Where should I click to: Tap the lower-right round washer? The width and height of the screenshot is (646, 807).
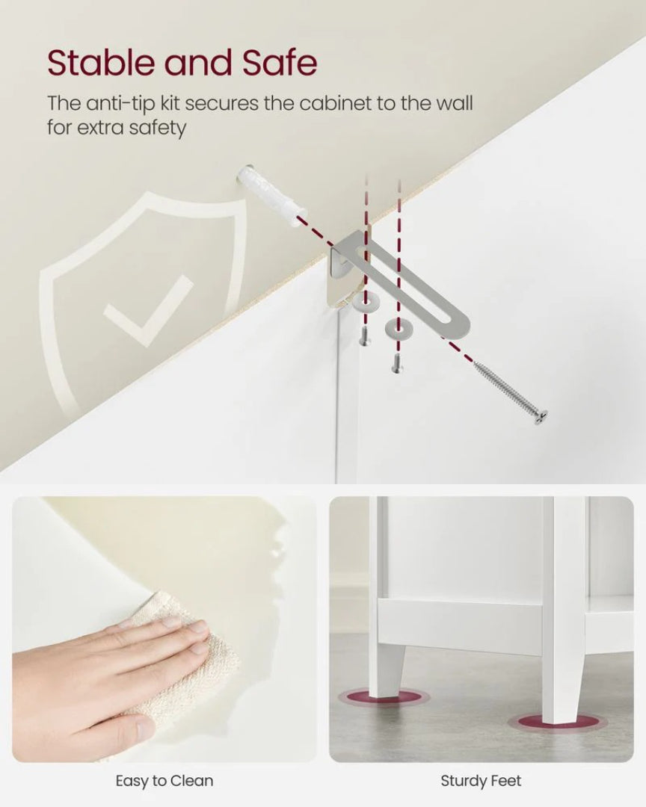(x=397, y=327)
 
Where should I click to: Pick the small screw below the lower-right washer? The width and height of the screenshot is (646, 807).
(x=397, y=363)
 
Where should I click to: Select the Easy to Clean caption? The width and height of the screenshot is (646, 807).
(x=164, y=781)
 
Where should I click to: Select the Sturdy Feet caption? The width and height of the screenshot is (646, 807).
(x=481, y=781)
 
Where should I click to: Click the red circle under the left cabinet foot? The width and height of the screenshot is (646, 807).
(x=384, y=697)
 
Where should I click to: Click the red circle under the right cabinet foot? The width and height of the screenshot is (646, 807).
(x=556, y=722)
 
